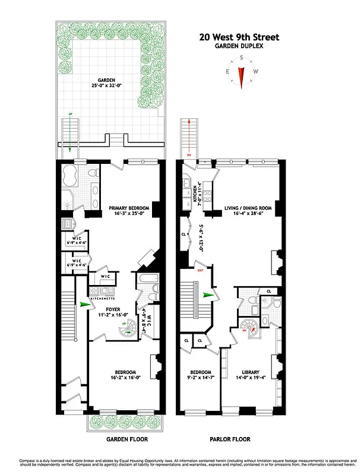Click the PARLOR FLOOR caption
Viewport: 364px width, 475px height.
tap(230, 439)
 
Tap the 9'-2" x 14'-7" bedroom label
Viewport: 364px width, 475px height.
tap(199, 376)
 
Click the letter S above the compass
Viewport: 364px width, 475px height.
tap(241, 58)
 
